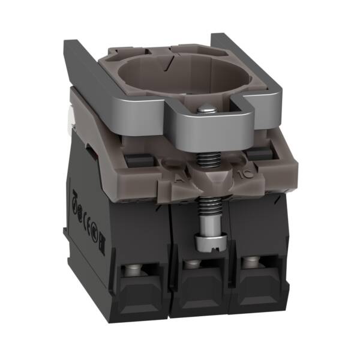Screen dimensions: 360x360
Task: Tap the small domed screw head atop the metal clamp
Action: coord(206,109)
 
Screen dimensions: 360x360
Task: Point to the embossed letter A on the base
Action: coord(178,178)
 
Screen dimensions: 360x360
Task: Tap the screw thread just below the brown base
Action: coord(205,213)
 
